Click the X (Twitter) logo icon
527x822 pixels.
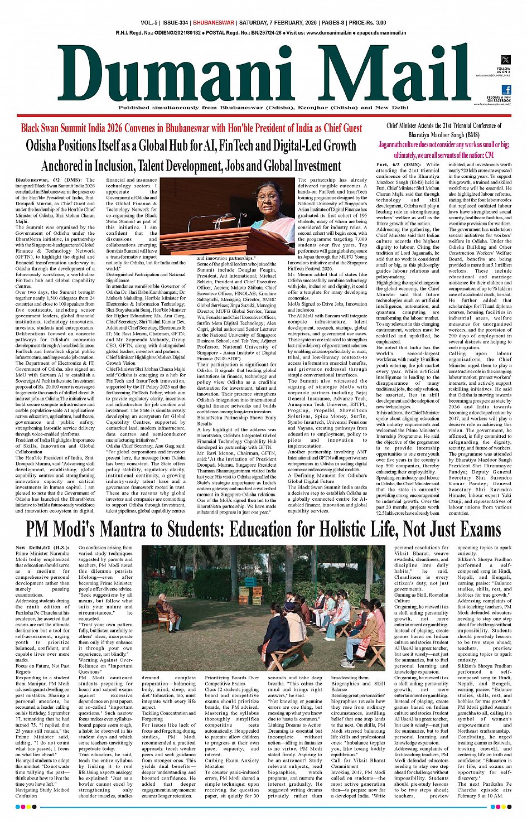[x=506, y=60]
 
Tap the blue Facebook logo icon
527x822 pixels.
[x=506, y=89]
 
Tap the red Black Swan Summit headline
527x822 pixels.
[x=191, y=128]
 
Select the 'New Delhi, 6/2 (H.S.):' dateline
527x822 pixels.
[x=42, y=548]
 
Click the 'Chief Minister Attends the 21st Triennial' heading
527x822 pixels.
[x=444, y=125]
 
